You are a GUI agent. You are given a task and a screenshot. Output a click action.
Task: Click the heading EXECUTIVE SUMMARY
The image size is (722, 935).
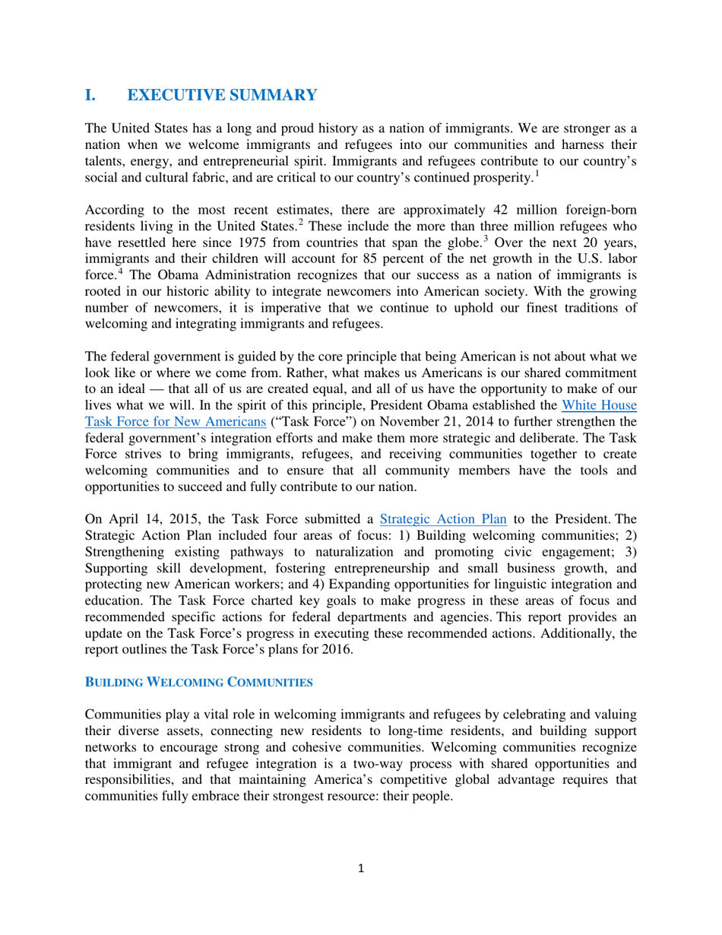[x=222, y=95]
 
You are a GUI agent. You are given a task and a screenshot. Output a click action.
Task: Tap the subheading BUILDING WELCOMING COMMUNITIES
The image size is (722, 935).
[x=198, y=683]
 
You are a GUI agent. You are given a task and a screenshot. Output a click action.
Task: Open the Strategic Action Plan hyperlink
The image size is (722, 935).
[x=442, y=519]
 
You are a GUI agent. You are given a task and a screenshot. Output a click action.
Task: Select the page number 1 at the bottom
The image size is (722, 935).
[x=361, y=869]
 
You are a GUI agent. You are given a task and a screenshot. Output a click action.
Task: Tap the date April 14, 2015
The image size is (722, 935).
[x=147, y=519]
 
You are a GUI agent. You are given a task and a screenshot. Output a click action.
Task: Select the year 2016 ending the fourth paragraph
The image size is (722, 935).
[x=338, y=649]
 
